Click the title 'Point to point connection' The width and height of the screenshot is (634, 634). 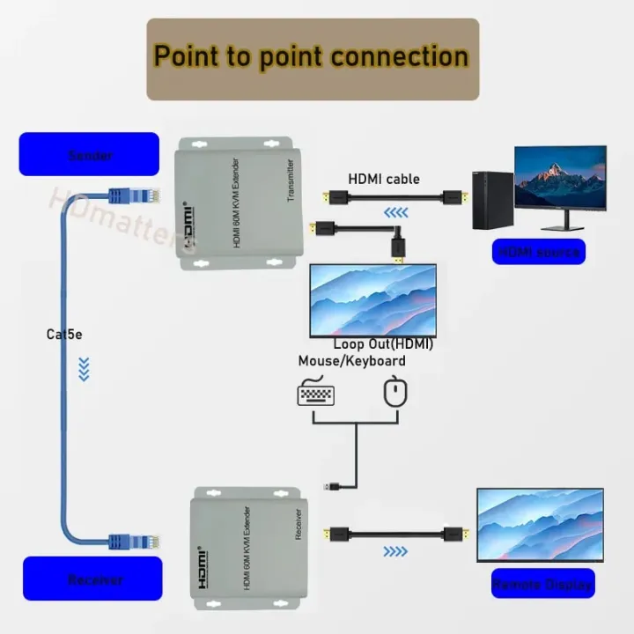[312, 56]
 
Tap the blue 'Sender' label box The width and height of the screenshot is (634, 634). [89, 155]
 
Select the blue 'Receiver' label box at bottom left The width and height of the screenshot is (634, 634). [92, 579]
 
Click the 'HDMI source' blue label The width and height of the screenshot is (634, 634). [539, 252]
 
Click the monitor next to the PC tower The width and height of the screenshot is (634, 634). [560, 181]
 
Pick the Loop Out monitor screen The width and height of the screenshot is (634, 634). [372, 299]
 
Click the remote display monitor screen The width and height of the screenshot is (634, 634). [540, 523]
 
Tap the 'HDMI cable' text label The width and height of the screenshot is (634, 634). [384, 179]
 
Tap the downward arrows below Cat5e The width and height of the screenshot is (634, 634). [84, 369]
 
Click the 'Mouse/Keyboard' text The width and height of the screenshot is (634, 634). [351, 361]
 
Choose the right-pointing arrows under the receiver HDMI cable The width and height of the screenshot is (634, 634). [395, 552]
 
